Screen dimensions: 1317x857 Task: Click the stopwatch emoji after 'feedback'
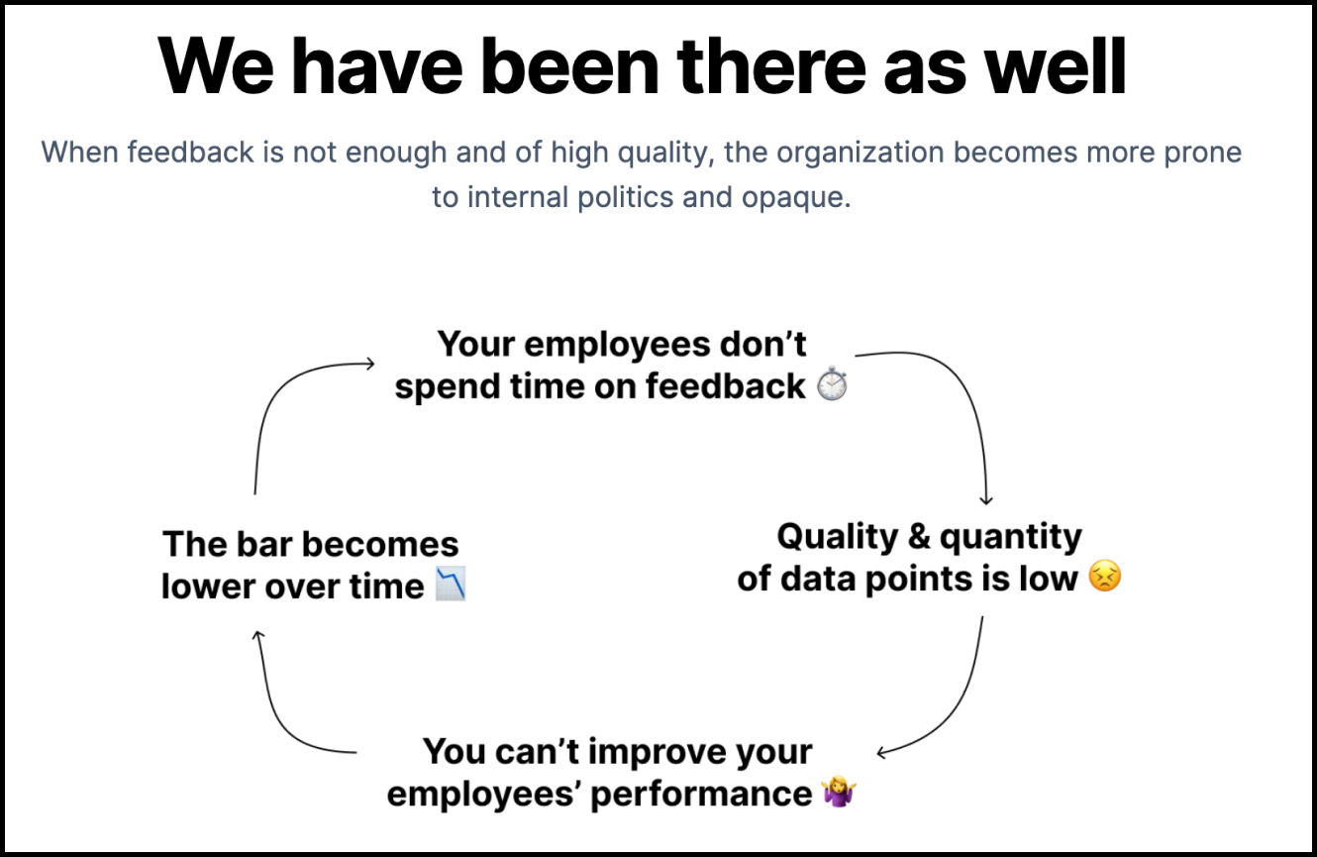[x=832, y=383]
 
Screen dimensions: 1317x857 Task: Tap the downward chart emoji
[x=451, y=584]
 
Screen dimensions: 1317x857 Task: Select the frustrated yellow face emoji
[x=1105, y=576]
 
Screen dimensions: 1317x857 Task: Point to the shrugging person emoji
[x=839, y=792]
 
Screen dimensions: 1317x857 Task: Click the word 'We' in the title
[x=215, y=65]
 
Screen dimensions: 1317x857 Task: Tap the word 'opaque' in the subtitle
[x=796, y=197]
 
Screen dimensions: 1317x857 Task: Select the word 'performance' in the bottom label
[x=701, y=795]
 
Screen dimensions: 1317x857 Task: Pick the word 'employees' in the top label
[x=617, y=345]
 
